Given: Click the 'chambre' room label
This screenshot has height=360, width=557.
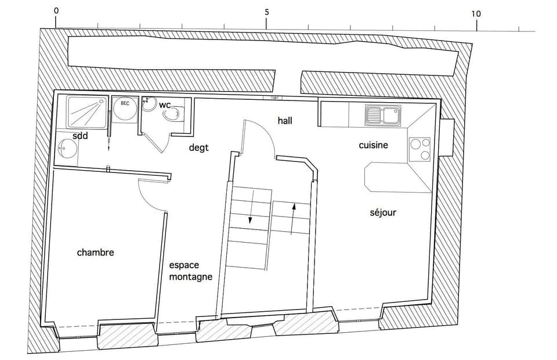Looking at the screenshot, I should pos(95,253).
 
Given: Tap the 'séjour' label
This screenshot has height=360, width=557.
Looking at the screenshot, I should pos(383,213).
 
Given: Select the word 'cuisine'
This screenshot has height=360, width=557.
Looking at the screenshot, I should pos(373,145).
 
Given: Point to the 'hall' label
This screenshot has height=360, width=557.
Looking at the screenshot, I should pos(285,121).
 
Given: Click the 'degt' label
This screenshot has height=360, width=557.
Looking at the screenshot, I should pos(198,147).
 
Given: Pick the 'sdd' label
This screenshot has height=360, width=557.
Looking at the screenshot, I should pos(80,136).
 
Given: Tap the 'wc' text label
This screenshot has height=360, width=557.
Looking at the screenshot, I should pos(165,105).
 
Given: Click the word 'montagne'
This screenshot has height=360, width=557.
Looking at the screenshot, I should pos(190,277).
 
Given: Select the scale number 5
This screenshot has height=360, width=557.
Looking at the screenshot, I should pos(266,12).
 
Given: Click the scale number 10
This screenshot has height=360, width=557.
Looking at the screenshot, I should pos(476,14).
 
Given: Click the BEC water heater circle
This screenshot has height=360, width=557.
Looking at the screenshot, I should pos(125,109).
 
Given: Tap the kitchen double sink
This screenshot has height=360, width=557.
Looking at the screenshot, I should pos(383,115).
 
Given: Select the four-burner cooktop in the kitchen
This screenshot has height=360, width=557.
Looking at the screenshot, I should pos(419,149).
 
